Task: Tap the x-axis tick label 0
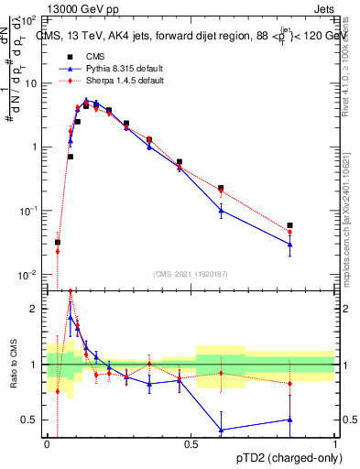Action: [x=46, y=444]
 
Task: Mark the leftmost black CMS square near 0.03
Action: [x=57, y=243]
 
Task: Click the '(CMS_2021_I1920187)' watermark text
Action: [x=190, y=273]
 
